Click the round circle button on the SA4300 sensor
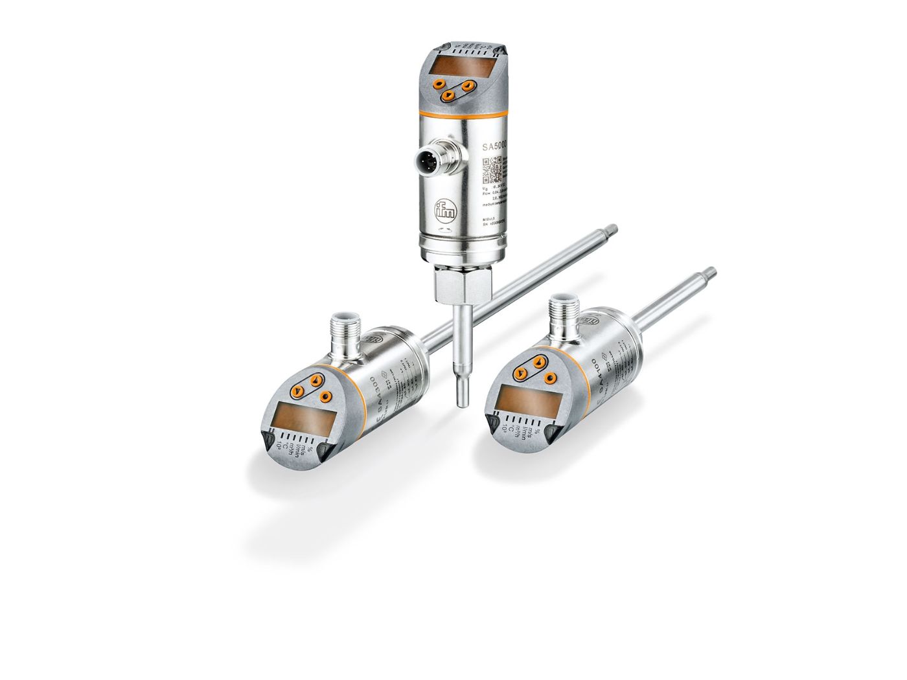[x=326, y=397]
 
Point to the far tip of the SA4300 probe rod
[x=612, y=227]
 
